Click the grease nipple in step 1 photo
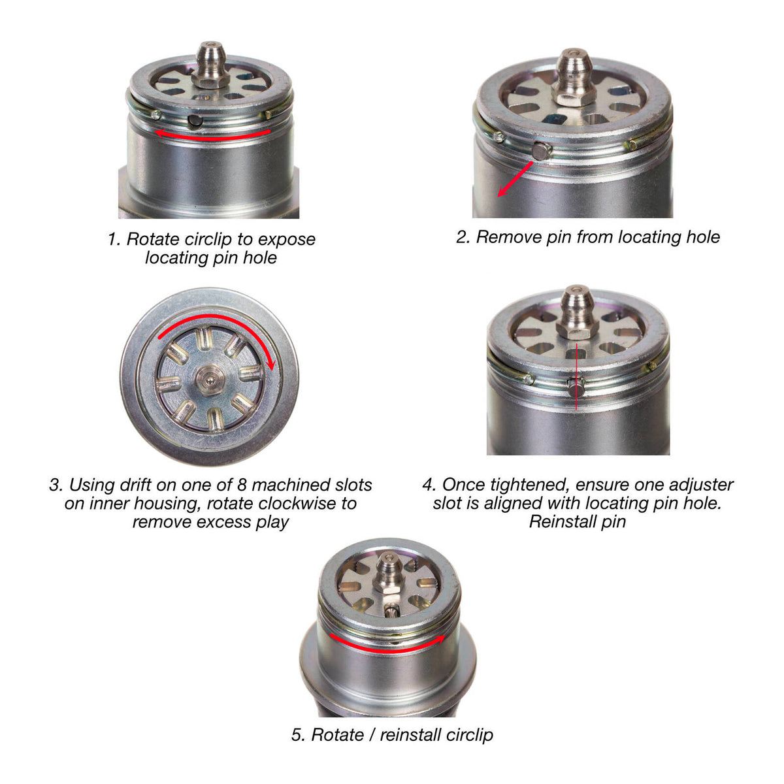[x=211, y=64]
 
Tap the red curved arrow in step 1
[x=212, y=135]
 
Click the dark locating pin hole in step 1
[x=193, y=120]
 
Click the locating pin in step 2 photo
[x=540, y=152]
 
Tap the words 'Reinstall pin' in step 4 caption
[x=578, y=522]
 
